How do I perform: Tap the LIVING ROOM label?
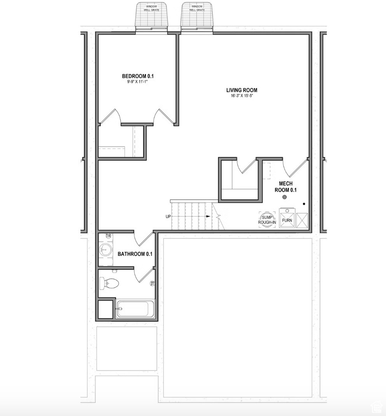click(242, 90)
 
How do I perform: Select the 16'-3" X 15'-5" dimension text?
click(242, 96)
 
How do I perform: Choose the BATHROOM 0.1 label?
click(135, 254)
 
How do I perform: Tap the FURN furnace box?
click(287, 218)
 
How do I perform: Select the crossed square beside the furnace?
click(302, 220)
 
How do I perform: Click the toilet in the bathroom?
click(109, 283)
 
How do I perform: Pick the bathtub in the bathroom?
click(135, 309)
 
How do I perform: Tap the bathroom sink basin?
click(105, 250)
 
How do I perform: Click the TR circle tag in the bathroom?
click(109, 236)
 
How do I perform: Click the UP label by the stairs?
click(168, 217)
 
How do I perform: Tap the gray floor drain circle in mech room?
click(284, 198)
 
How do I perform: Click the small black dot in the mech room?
click(304, 204)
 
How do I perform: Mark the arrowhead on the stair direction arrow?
click(209, 217)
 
